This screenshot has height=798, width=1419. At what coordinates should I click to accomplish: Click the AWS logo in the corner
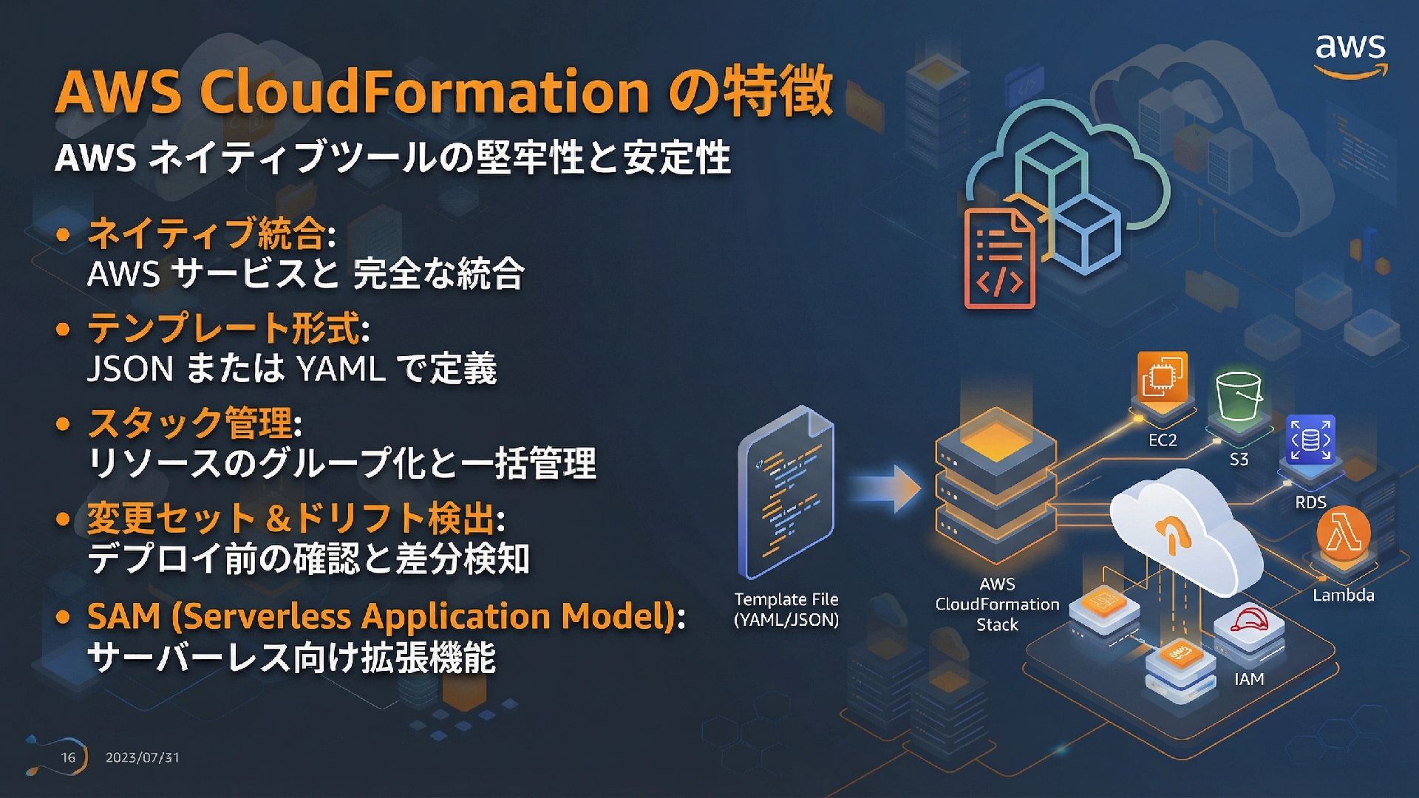tap(1350, 53)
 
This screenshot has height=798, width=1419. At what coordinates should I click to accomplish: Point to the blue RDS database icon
tap(1310, 440)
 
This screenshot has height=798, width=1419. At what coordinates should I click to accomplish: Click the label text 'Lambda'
tap(1343, 596)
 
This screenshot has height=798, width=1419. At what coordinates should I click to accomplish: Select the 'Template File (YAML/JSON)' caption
tap(786, 610)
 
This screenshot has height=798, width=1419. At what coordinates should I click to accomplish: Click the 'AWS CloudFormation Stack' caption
tap(997, 604)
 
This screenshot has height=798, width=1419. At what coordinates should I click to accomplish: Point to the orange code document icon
tap(999, 258)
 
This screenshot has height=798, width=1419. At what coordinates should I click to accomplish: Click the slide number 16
tap(68, 757)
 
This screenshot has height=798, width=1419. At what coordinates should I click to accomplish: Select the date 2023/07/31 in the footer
tap(142, 757)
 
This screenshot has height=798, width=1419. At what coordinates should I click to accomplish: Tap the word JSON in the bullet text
tap(130, 368)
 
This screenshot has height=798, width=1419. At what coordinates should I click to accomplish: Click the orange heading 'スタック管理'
tap(189, 423)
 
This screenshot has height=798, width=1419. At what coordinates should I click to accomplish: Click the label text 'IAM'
tap(1249, 679)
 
